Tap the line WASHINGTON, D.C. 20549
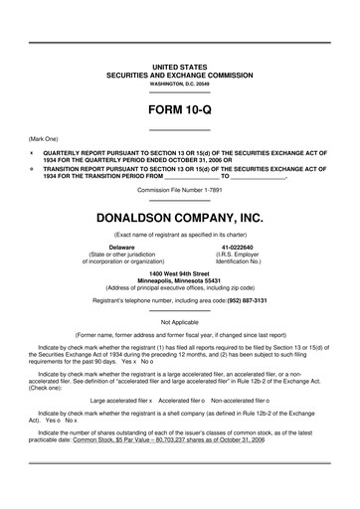point(179,84)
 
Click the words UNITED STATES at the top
point(179,66)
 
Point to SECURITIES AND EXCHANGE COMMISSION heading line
point(179,75)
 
